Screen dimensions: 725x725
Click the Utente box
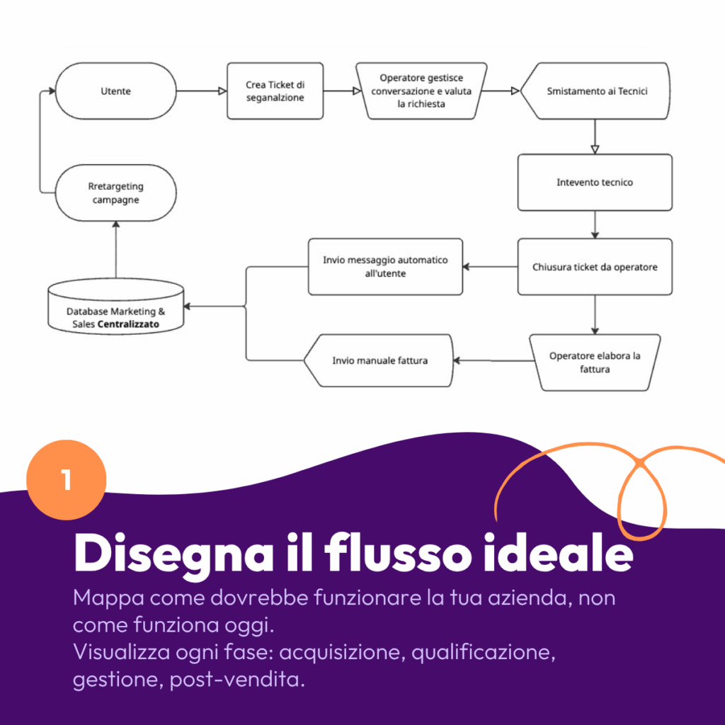tap(116, 91)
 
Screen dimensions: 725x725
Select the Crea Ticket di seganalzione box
tap(275, 91)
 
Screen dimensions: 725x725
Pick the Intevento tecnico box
tap(595, 183)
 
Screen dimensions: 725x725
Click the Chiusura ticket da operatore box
tap(595, 267)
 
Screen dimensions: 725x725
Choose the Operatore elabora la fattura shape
tap(595, 362)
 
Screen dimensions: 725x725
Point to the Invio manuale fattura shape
tap(379, 360)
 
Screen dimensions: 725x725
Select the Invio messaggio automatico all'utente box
tap(385, 266)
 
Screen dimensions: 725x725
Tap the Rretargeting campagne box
tap(116, 193)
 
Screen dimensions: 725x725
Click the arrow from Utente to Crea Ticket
tap(202, 91)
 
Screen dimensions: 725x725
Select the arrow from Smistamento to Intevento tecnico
tap(595, 137)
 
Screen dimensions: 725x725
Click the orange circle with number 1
tap(66, 480)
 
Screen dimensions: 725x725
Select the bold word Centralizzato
tap(128, 324)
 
